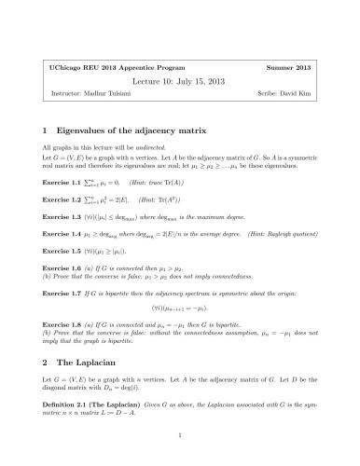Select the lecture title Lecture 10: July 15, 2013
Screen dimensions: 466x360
click(180, 82)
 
